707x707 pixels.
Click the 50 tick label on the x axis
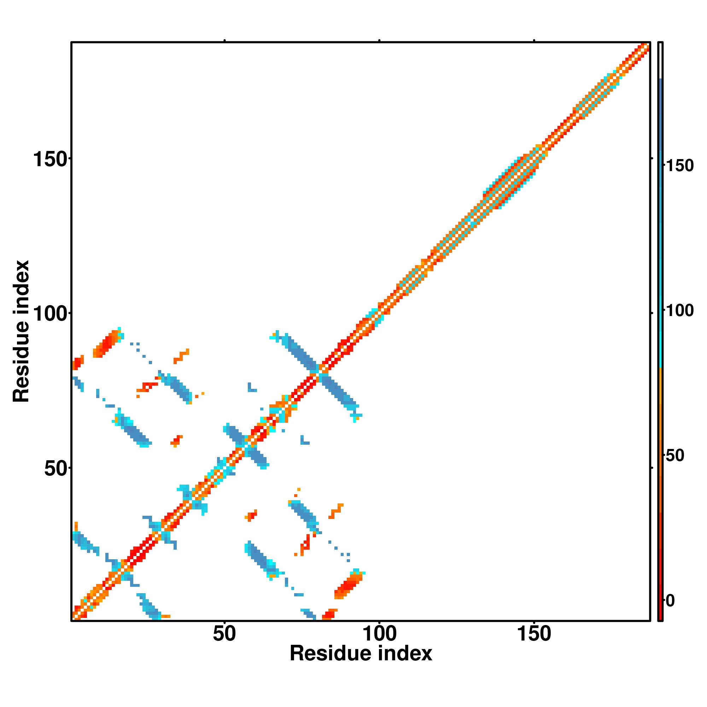point(224,634)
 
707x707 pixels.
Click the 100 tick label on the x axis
point(379,634)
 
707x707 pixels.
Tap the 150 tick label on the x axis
point(534,634)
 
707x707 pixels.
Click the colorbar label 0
point(670,601)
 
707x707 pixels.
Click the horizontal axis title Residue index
point(361,654)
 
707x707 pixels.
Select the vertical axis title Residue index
point(21,331)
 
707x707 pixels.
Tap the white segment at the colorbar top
point(661,60)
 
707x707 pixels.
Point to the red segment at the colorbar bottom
point(661,585)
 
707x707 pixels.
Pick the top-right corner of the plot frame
point(650,42)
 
